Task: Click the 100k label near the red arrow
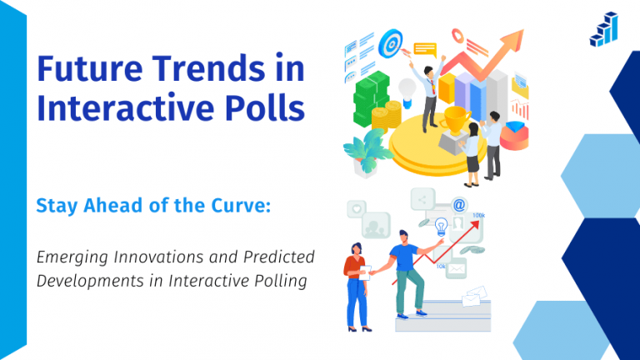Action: (x=478, y=215)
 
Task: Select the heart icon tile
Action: (x=357, y=207)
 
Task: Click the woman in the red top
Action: (x=356, y=283)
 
